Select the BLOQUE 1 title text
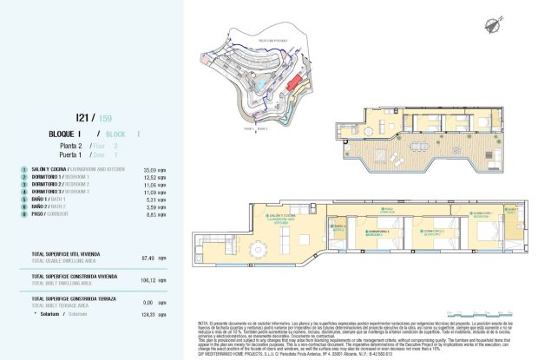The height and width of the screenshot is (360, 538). pyautogui.click(x=70, y=134)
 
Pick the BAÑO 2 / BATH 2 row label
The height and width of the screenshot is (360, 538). pyautogui.click(x=53, y=206)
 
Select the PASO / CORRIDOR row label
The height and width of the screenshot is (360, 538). pyautogui.click(x=52, y=214)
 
